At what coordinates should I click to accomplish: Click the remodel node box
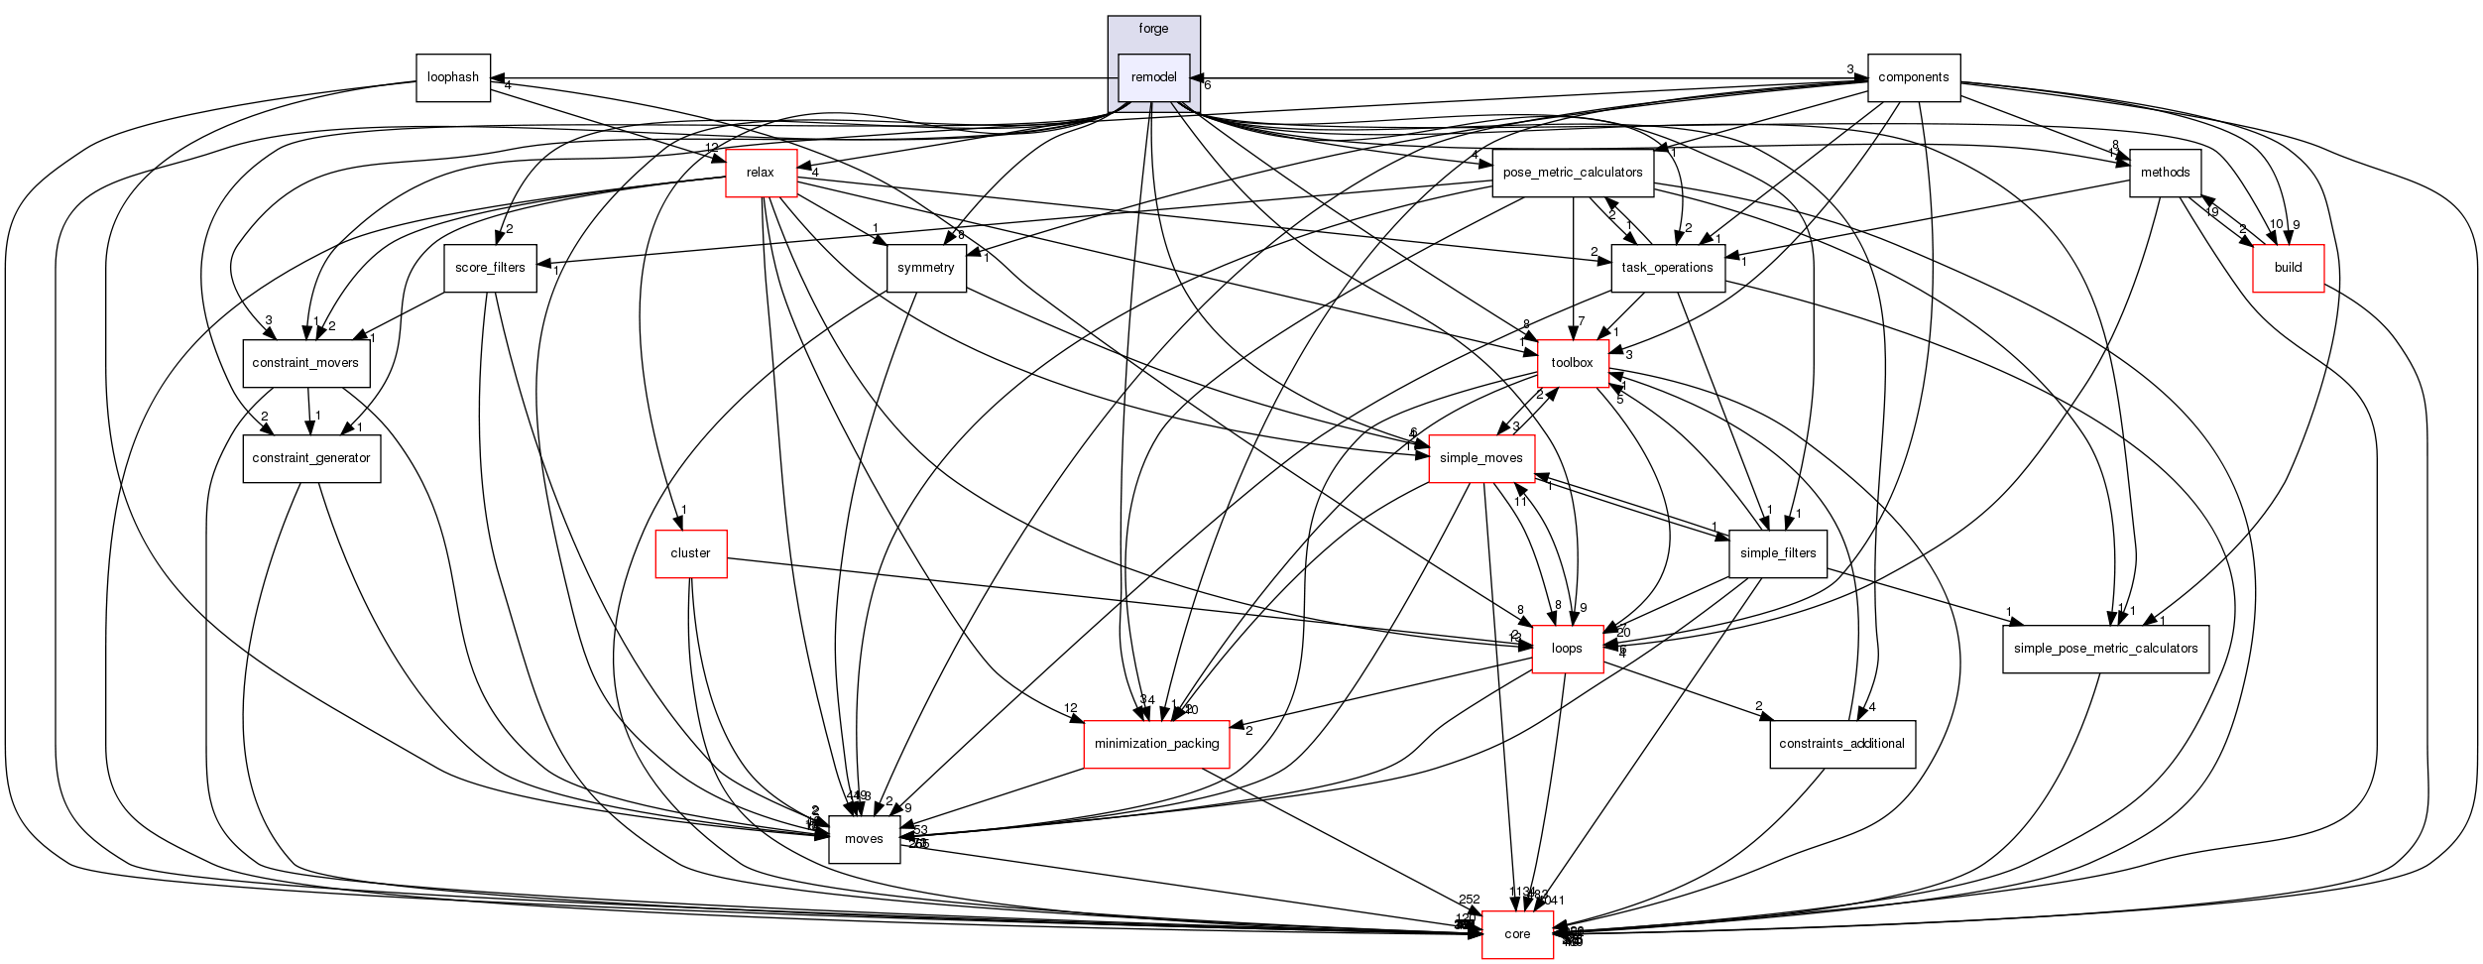coord(1153,77)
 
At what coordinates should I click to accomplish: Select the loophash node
coord(453,77)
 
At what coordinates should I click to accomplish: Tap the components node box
coord(1913,77)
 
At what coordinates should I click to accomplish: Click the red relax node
coord(761,173)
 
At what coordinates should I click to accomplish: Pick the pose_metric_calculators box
coord(1572,173)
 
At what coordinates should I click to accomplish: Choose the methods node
coord(2165,173)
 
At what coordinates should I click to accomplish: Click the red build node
coord(2288,268)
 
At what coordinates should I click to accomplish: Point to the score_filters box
coord(490,268)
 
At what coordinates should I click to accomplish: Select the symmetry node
coord(925,268)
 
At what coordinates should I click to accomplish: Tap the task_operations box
coord(1667,268)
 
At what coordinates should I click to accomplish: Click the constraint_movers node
coord(305,363)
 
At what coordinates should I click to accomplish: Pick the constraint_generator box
coord(310,458)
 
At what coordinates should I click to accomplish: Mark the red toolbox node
coord(1572,363)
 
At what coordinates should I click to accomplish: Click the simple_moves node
coord(1480,458)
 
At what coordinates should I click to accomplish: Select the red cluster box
coord(690,553)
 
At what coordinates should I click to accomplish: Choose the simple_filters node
coord(1777,553)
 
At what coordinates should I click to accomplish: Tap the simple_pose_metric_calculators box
coord(2105,649)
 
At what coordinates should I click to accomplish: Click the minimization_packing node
coord(1156,744)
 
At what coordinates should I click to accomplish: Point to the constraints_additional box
coord(1841,744)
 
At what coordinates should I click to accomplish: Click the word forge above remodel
coord(1153,29)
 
